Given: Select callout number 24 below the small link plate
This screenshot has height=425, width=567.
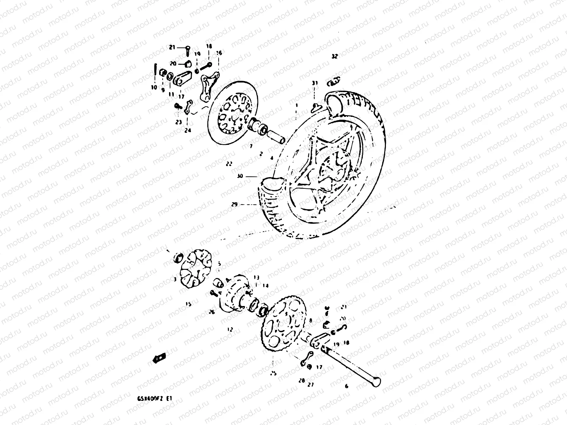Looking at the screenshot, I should (187, 130).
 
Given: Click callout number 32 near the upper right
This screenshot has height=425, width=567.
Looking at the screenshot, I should (335, 56).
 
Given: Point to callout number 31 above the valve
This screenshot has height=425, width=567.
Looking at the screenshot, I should (315, 83).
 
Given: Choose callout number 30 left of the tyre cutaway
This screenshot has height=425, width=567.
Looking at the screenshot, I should (240, 176).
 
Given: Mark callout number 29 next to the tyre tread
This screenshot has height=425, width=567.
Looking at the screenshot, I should (244, 205).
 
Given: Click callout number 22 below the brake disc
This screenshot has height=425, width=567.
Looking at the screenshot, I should (229, 164).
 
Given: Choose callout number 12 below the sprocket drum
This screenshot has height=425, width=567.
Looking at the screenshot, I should (230, 329).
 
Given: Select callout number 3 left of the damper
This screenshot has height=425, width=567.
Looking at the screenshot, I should (175, 279).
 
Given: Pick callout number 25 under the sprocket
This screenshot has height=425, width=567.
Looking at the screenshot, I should (273, 373).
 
